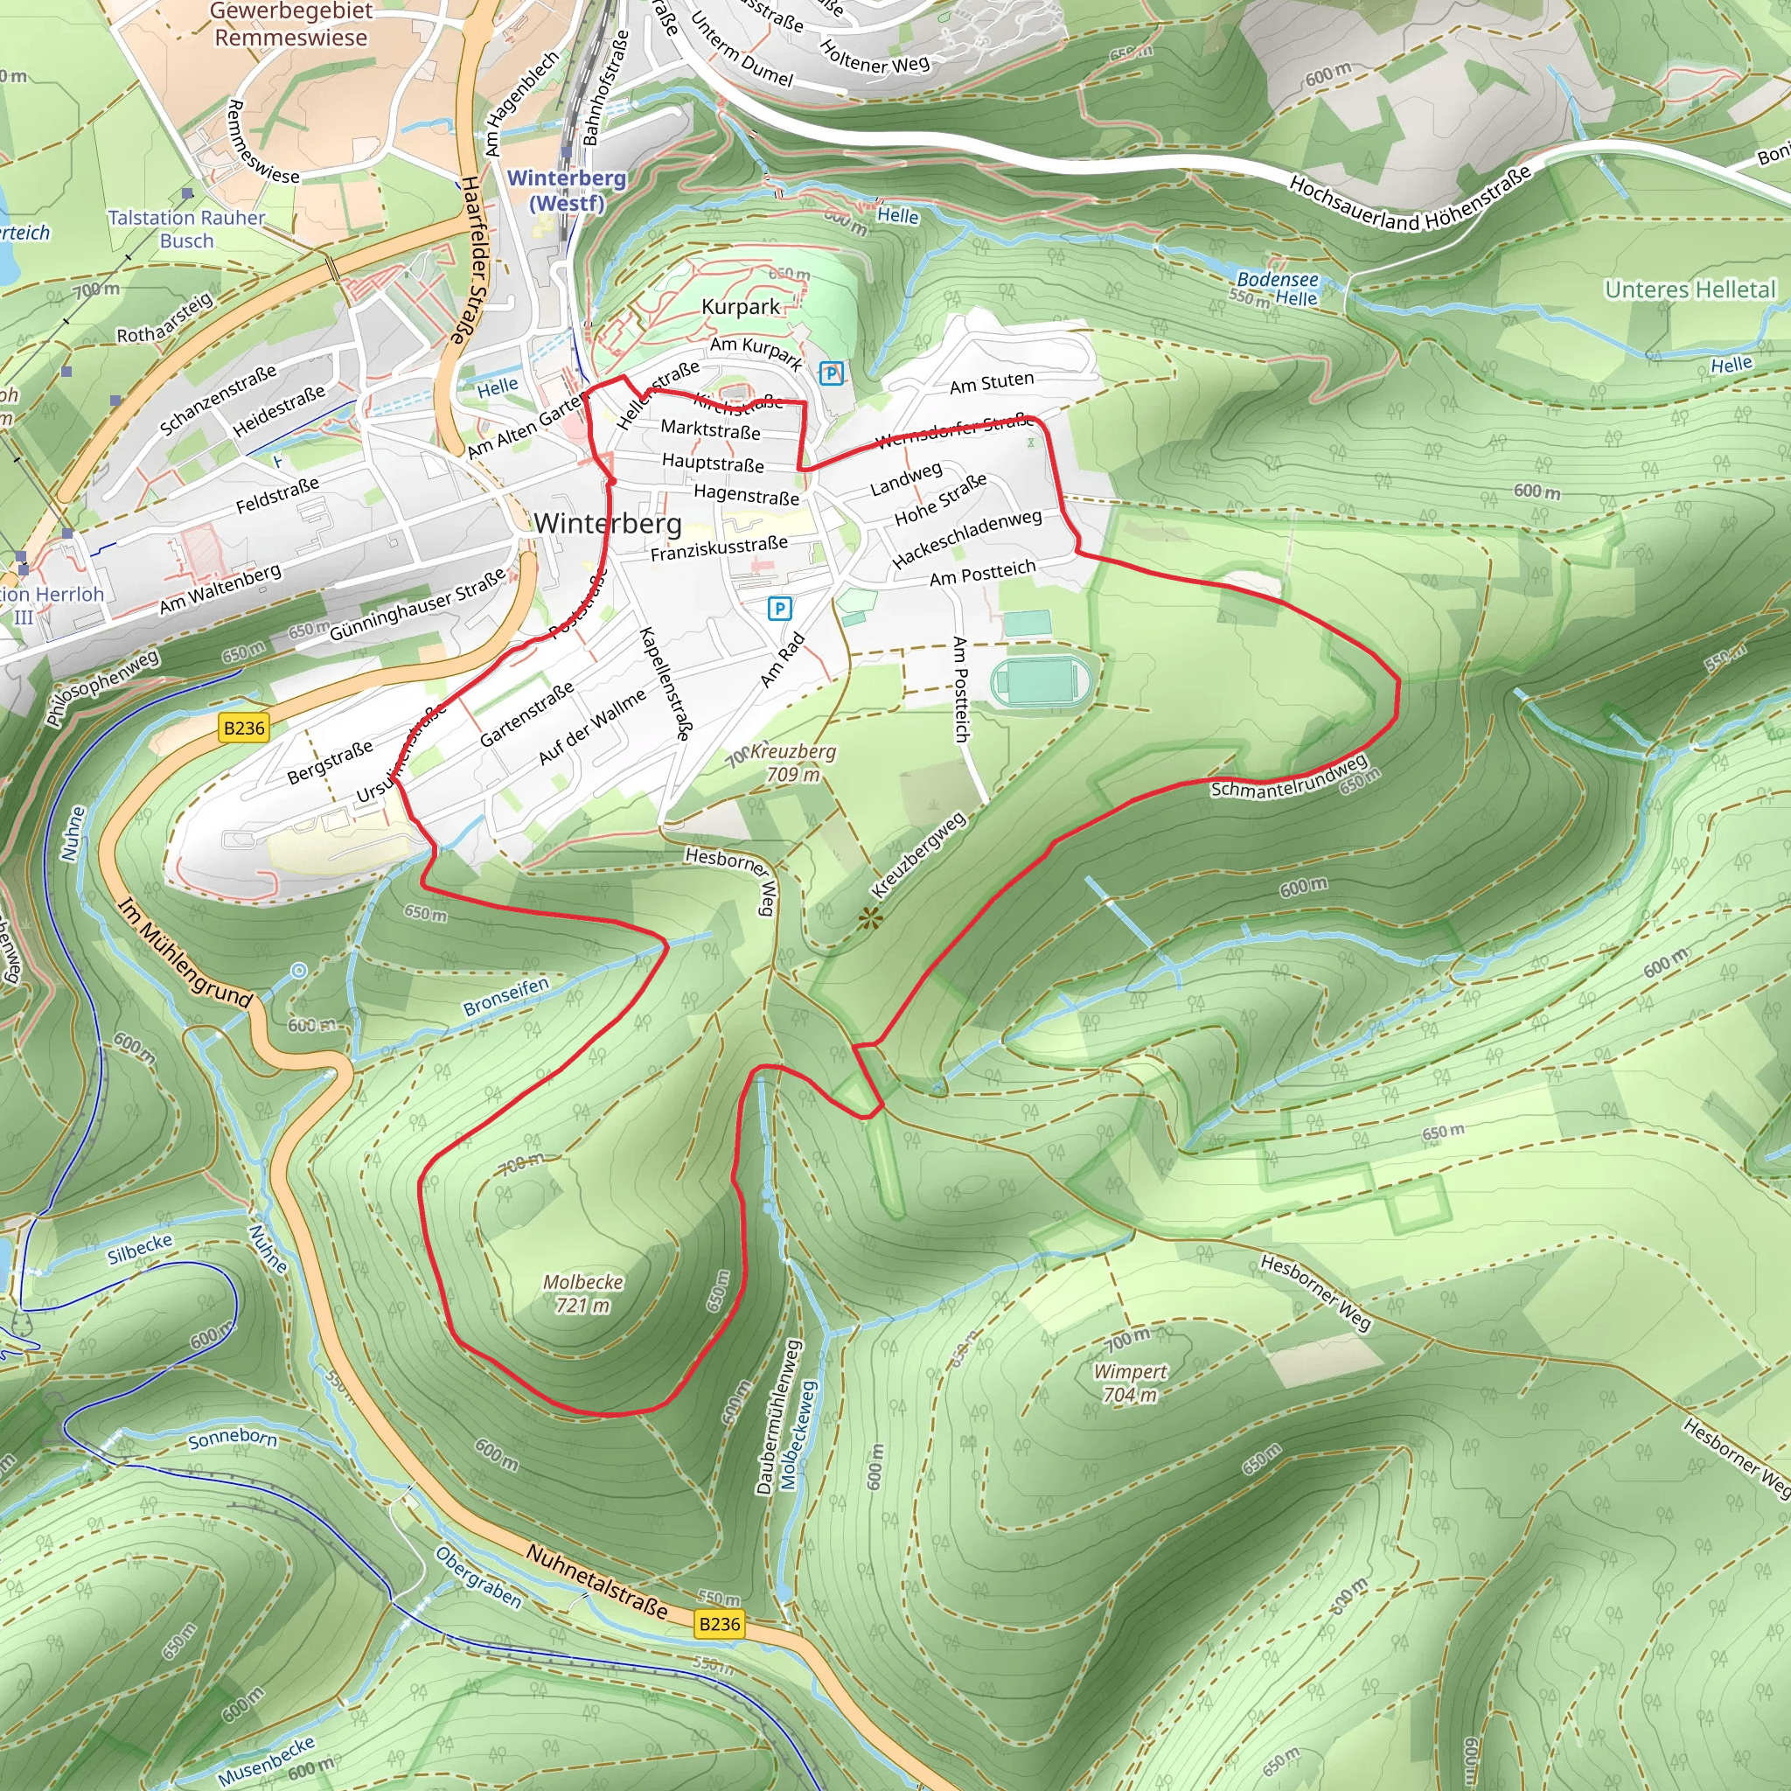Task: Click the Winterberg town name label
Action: pos(607,523)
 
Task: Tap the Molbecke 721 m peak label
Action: pos(582,1293)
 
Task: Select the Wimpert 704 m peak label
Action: pos(1130,1383)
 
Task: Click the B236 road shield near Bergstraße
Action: pos(244,728)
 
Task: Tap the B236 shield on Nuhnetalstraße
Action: pos(720,1623)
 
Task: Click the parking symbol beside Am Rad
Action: pos(779,609)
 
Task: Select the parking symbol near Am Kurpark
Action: pos(832,373)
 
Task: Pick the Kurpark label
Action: pos(740,307)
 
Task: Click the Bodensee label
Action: pos(1277,279)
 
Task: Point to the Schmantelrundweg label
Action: pos(1288,777)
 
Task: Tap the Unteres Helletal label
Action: pos(1689,290)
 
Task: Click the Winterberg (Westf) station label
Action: pos(567,190)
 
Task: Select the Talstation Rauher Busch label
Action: pos(186,229)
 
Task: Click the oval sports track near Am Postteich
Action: pos(1039,681)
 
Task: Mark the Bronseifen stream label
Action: pos(506,995)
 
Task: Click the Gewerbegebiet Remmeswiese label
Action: pos(291,24)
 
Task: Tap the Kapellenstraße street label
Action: pos(665,683)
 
